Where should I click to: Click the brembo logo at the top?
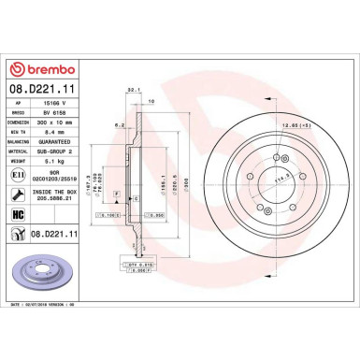pyautogui.click(x=46, y=71)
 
